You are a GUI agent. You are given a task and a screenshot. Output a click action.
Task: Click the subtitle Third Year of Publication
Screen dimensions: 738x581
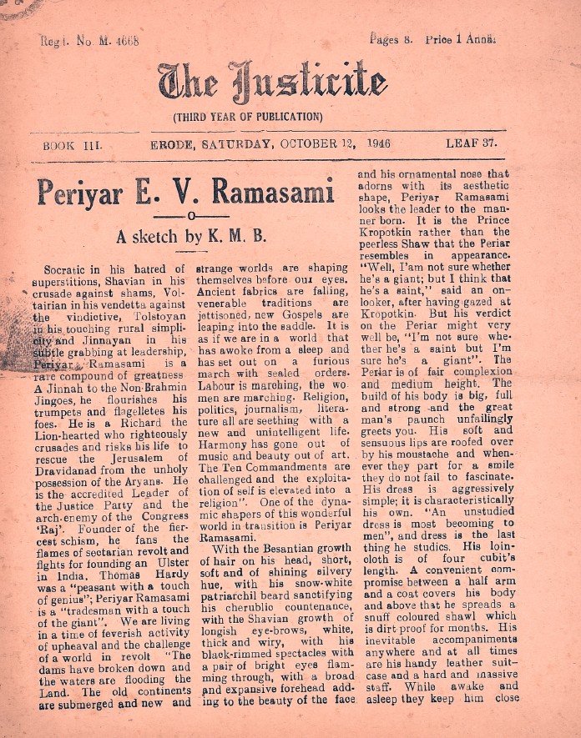pos(246,117)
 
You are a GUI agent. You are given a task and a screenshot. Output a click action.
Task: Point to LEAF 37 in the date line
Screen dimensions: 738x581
pos(472,143)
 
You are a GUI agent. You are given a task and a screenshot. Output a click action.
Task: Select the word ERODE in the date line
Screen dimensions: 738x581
pos(170,143)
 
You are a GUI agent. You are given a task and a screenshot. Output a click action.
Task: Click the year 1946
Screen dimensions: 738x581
pos(380,143)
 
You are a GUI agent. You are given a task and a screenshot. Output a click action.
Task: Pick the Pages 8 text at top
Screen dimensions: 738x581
pos(391,40)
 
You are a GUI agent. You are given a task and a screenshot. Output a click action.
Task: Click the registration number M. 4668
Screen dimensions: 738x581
pos(113,40)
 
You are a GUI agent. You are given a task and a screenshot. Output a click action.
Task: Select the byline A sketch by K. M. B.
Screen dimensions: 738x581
pos(191,237)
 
